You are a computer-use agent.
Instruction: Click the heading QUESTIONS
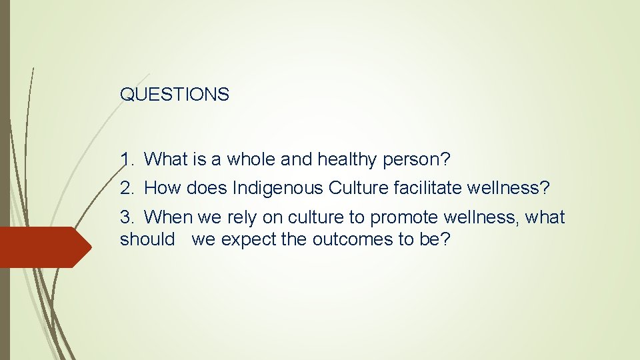point(175,95)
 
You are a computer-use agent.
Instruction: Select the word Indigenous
point(277,189)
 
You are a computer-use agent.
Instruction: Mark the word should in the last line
point(147,239)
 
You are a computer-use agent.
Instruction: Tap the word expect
point(249,239)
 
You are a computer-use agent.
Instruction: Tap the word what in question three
point(545,217)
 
